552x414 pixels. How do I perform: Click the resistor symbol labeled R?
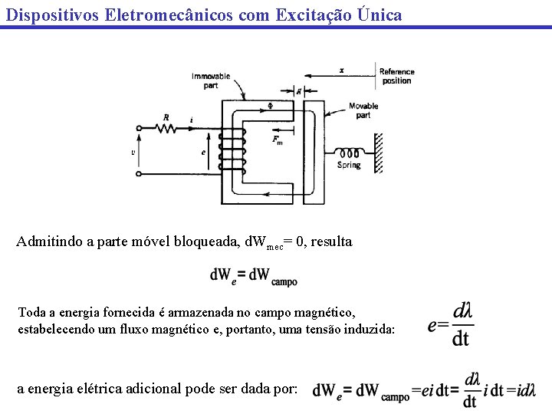[x=166, y=128]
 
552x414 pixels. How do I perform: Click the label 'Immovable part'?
[x=211, y=80]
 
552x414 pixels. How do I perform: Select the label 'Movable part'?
[x=363, y=110]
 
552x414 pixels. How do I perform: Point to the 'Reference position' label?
[x=396, y=76]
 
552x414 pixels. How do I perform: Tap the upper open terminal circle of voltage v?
[x=138, y=128]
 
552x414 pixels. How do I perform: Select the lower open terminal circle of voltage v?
[x=138, y=174]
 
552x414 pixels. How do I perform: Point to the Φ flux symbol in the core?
[x=269, y=107]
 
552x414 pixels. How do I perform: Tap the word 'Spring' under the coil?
[x=349, y=166]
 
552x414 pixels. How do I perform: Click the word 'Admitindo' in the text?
[x=48, y=242]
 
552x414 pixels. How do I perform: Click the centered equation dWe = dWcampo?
[x=253, y=277]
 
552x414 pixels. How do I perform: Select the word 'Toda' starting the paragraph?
[x=31, y=312]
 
